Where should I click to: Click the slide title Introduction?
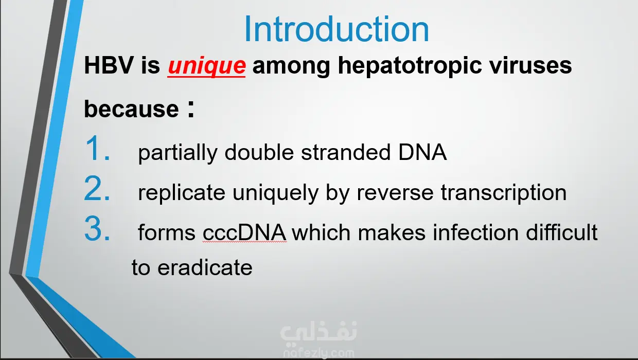pos(336,29)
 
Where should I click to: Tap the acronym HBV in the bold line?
pos(109,65)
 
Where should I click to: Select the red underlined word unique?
pos(206,66)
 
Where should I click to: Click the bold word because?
pos(131,109)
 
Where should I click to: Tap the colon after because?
pos(191,109)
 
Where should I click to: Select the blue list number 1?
pos(97,148)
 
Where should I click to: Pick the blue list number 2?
pos(97,188)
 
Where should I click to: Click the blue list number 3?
pos(97,228)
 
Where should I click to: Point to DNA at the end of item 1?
pos(422,152)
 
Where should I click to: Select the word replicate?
pos(182,193)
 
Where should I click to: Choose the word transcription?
pos(504,193)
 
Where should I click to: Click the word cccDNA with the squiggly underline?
pos(244,233)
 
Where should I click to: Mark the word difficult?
pos(561,232)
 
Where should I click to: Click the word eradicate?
pos(205,267)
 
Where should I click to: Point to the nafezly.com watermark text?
pos(318,353)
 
